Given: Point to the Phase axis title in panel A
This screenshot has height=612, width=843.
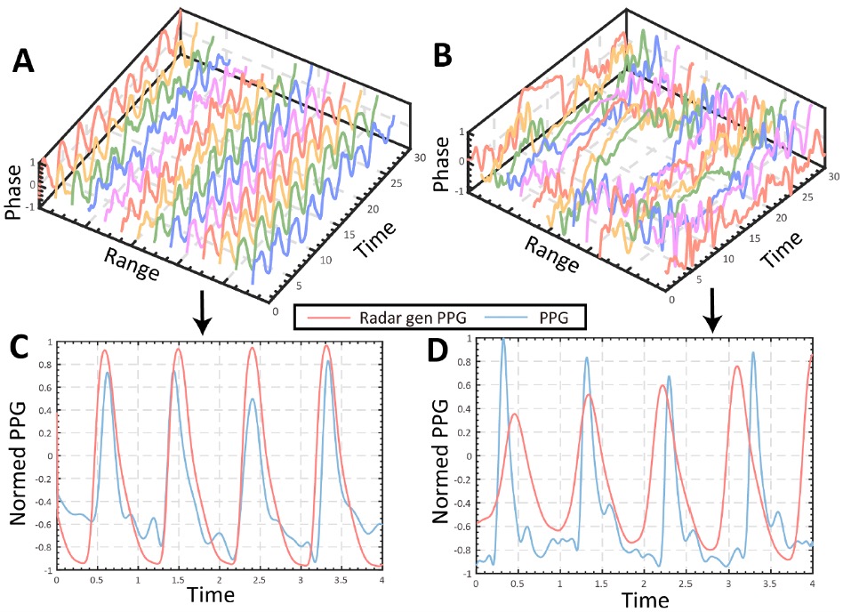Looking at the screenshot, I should click(x=13, y=197).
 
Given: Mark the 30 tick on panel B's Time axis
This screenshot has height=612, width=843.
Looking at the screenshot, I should click(x=833, y=176).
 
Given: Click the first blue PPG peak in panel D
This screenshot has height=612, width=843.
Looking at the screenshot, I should click(x=503, y=342).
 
